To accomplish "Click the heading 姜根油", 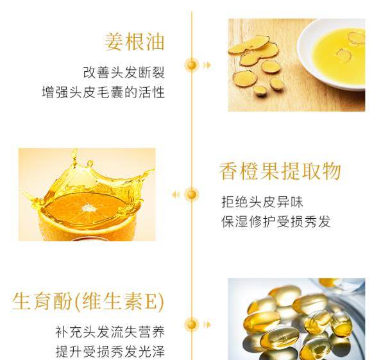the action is tap(135, 42).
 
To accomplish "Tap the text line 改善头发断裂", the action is tap(124, 73).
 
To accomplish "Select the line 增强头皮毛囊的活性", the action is tap(103, 92).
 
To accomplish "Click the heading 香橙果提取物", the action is tap(280, 171).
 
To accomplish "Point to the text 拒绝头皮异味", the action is tap(262, 202).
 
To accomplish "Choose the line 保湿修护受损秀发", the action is tap(276, 221).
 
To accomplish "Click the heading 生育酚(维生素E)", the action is tap(88, 301).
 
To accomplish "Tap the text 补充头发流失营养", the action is tap(110, 332).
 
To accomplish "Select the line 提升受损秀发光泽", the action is tap(110, 352).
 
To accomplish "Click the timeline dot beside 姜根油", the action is tap(192, 65).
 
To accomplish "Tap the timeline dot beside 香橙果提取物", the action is tap(192, 194).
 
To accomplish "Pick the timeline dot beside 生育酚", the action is tap(192, 325).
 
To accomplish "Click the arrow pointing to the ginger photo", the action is tap(207, 65).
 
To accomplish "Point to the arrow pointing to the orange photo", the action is tap(176, 194).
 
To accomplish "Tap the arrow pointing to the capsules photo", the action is tap(207, 325).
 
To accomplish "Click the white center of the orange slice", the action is tap(87, 208).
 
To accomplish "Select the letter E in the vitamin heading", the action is tap(151, 302).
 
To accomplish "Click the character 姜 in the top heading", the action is tap(114, 42).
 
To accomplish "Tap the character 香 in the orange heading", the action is tap(228, 171).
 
